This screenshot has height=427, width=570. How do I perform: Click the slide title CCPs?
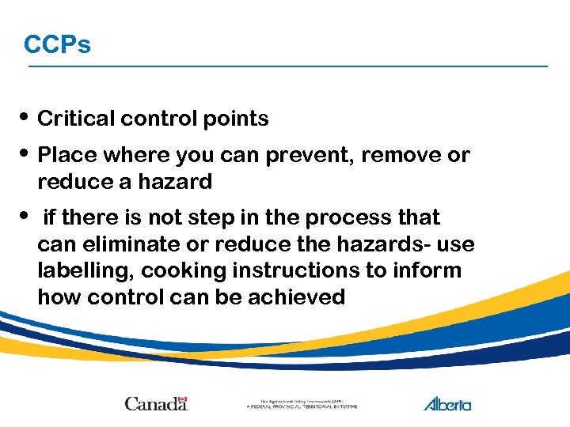point(57,44)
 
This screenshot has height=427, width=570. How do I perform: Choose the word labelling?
point(85,270)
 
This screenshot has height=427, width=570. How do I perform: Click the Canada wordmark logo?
point(156,403)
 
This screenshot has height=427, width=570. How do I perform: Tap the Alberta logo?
point(447,403)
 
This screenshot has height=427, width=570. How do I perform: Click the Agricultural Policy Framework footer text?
point(302,404)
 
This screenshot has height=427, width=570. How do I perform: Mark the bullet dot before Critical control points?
point(27,118)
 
